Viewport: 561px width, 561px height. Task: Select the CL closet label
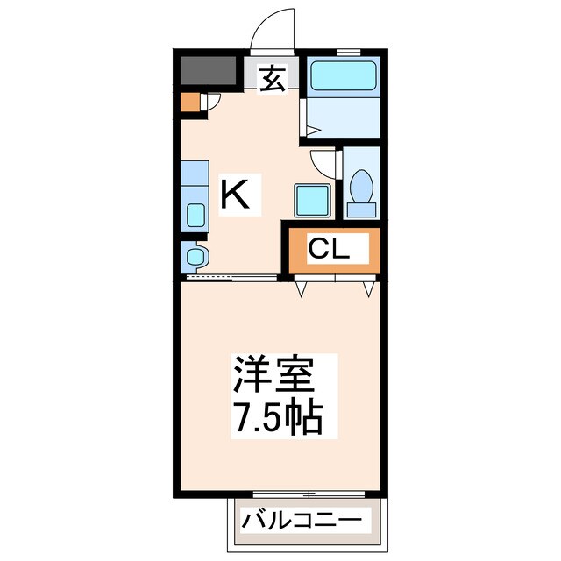(330, 250)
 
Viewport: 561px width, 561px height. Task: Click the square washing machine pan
(311, 200)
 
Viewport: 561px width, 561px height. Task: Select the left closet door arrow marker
(301, 287)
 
